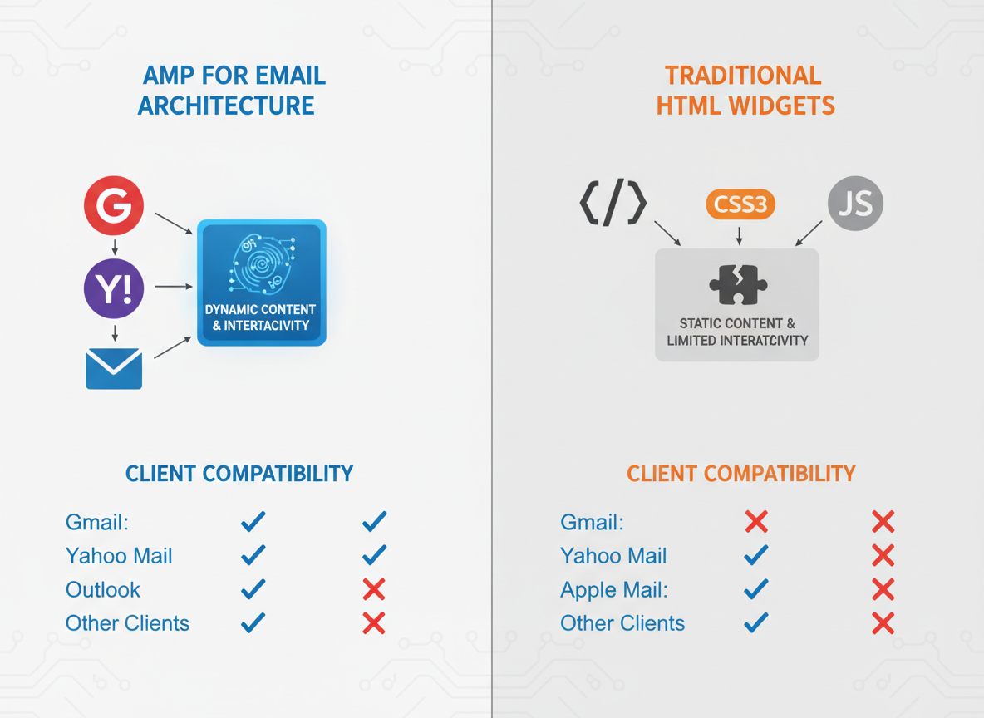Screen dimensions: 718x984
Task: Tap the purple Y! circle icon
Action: coord(114,288)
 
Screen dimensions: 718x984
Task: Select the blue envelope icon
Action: coord(114,368)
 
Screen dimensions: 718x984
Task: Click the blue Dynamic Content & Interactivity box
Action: coord(261,283)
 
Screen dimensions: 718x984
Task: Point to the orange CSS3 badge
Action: coord(740,204)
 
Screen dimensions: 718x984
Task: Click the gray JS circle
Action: coord(855,203)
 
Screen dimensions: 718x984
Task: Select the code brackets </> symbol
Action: coord(613,204)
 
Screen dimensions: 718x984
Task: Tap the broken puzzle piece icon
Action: coord(738,285)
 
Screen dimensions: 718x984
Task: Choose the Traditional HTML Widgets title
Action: coord(745,91)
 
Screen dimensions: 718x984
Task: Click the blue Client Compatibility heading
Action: coord(239,474)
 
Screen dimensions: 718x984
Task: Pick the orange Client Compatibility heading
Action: coord(740,474)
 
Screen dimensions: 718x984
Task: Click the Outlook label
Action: coord(103,590)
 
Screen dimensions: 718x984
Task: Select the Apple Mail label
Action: coord(614,590)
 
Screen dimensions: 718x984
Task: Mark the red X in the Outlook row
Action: coord(374,589)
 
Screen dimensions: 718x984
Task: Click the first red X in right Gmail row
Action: coord(756,522)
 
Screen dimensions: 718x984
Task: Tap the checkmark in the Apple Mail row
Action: coord(756,589)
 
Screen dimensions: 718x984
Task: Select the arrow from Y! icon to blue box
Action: coord(173,287)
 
